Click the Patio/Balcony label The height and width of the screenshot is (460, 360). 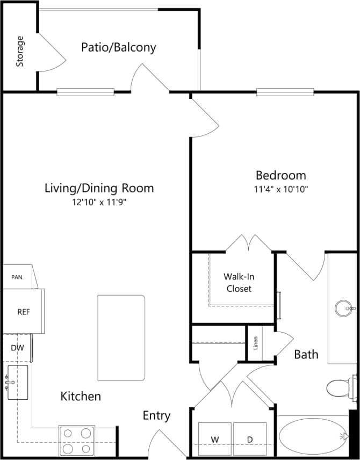click(119, 47)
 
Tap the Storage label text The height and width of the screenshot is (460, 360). click(20, 51)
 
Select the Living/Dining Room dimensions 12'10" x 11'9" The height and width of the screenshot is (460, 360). click(99, 202)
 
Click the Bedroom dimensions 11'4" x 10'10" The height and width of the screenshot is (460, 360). click(280, 189)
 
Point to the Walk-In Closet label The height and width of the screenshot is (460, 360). click(239, 282)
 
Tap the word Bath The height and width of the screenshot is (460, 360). click(306, 354)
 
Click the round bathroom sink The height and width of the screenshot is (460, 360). click(344, 308)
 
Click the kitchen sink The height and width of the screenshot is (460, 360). click(17, 382)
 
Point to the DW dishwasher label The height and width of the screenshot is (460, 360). click(17, 348)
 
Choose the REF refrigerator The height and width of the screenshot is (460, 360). click(23, 311)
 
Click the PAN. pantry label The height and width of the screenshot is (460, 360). click(18, 277)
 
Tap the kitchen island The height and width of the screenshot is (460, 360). click(121, 337)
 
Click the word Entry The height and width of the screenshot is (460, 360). click(156, 415)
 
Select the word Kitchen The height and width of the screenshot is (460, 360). click(81, 397)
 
